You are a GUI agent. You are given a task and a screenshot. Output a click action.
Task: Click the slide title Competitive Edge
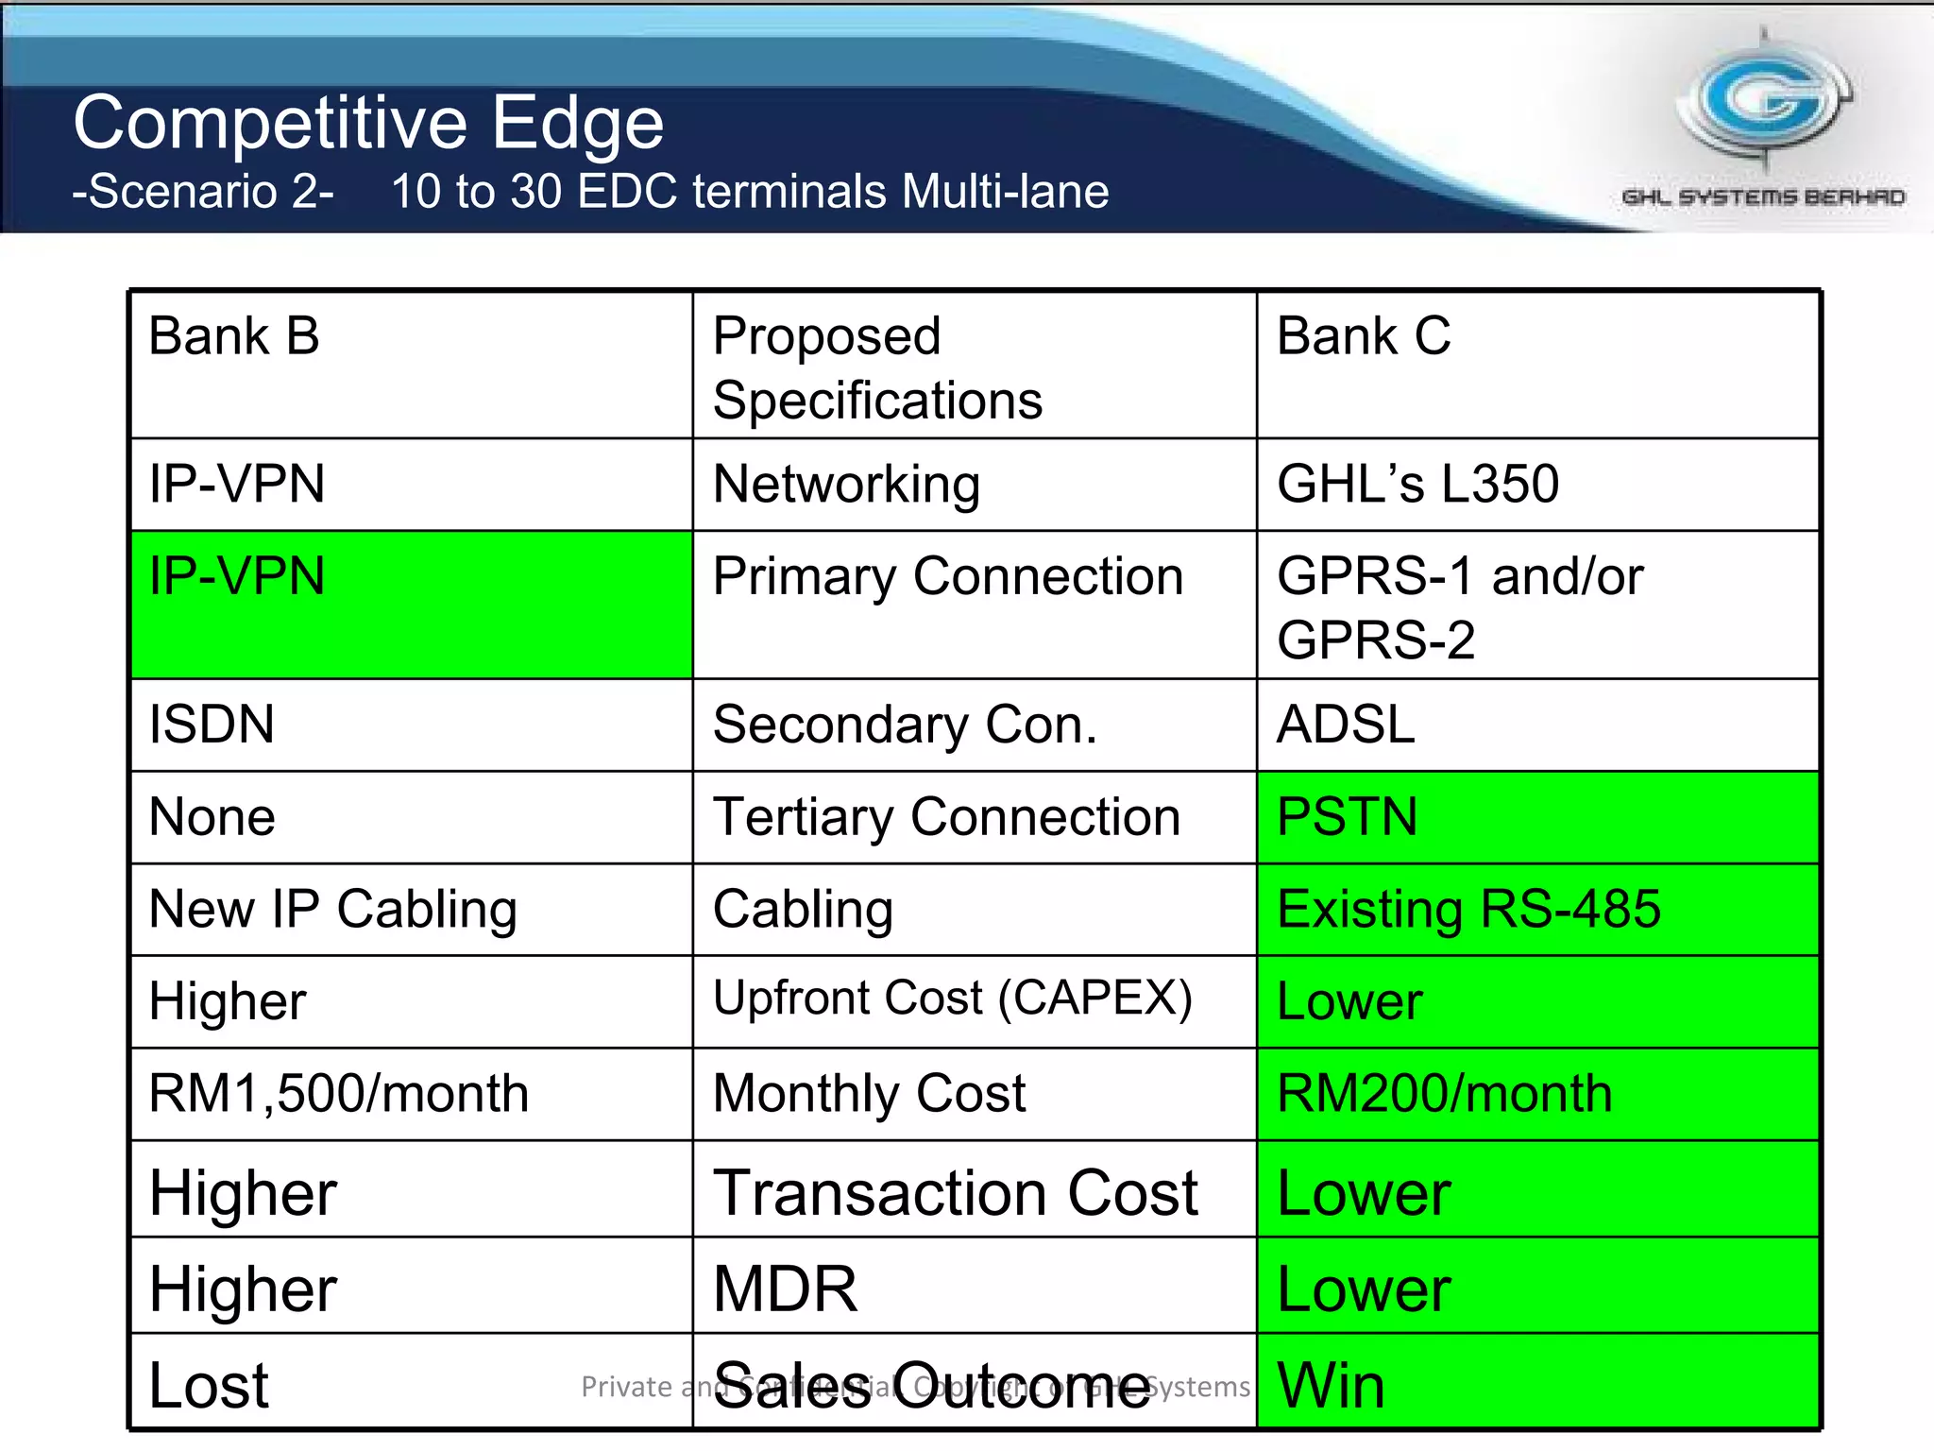(368, 123)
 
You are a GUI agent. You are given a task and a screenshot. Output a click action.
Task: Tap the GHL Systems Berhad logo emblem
(1764, 104)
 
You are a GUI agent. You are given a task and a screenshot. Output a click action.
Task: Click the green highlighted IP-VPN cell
(411, 605)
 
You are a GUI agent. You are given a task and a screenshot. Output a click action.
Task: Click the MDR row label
(785, 1289)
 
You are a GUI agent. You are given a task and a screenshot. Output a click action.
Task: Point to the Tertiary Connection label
(946, 817)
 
